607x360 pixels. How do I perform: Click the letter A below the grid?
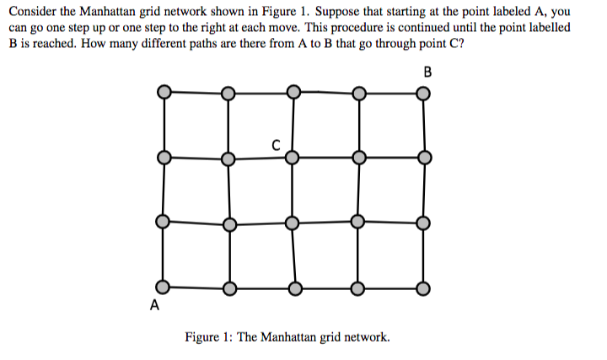point(154,304)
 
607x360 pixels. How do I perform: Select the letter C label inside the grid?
point(277,144)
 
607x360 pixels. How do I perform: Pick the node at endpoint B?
point(424,92)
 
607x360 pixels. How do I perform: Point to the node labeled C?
point(292,157)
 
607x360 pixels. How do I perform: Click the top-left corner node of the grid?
point(164,92)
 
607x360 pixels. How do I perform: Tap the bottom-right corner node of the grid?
point(424,288)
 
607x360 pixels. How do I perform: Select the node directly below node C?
point(292,223)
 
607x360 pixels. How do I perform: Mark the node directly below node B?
point(424,157)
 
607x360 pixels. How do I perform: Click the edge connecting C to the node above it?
point(292,124)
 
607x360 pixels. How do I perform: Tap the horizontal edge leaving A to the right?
point(195,287)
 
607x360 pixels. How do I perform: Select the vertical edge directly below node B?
point(424,124)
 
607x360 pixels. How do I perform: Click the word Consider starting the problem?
point(31,13)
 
